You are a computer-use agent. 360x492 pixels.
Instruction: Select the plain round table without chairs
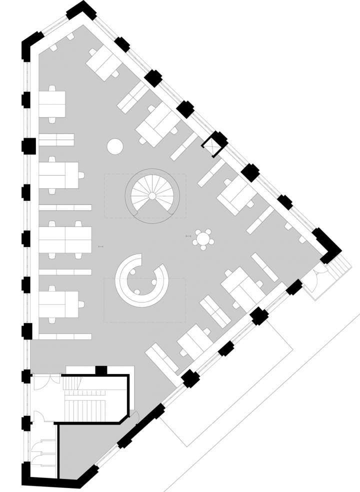pyautogui.click(x=115, y=146)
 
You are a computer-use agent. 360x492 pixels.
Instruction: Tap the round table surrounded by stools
pyautogui.click(x=203, y=238)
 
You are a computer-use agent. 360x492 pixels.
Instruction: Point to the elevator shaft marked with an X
pyautogui.click(x=214, y=144)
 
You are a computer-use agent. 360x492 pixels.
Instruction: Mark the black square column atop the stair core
pyautogui.click(x=101, y=370)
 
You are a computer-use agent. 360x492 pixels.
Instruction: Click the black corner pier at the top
pyautogui.click(x=80, y=11)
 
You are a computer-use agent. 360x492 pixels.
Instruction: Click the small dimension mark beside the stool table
pyautogui.click(x=188, y=235)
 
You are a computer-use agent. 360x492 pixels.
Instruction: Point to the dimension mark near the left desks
pyautogui.click(x=101, y=246)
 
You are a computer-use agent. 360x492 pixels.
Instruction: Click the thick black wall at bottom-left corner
pyautogui.click(x=50, y=481)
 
